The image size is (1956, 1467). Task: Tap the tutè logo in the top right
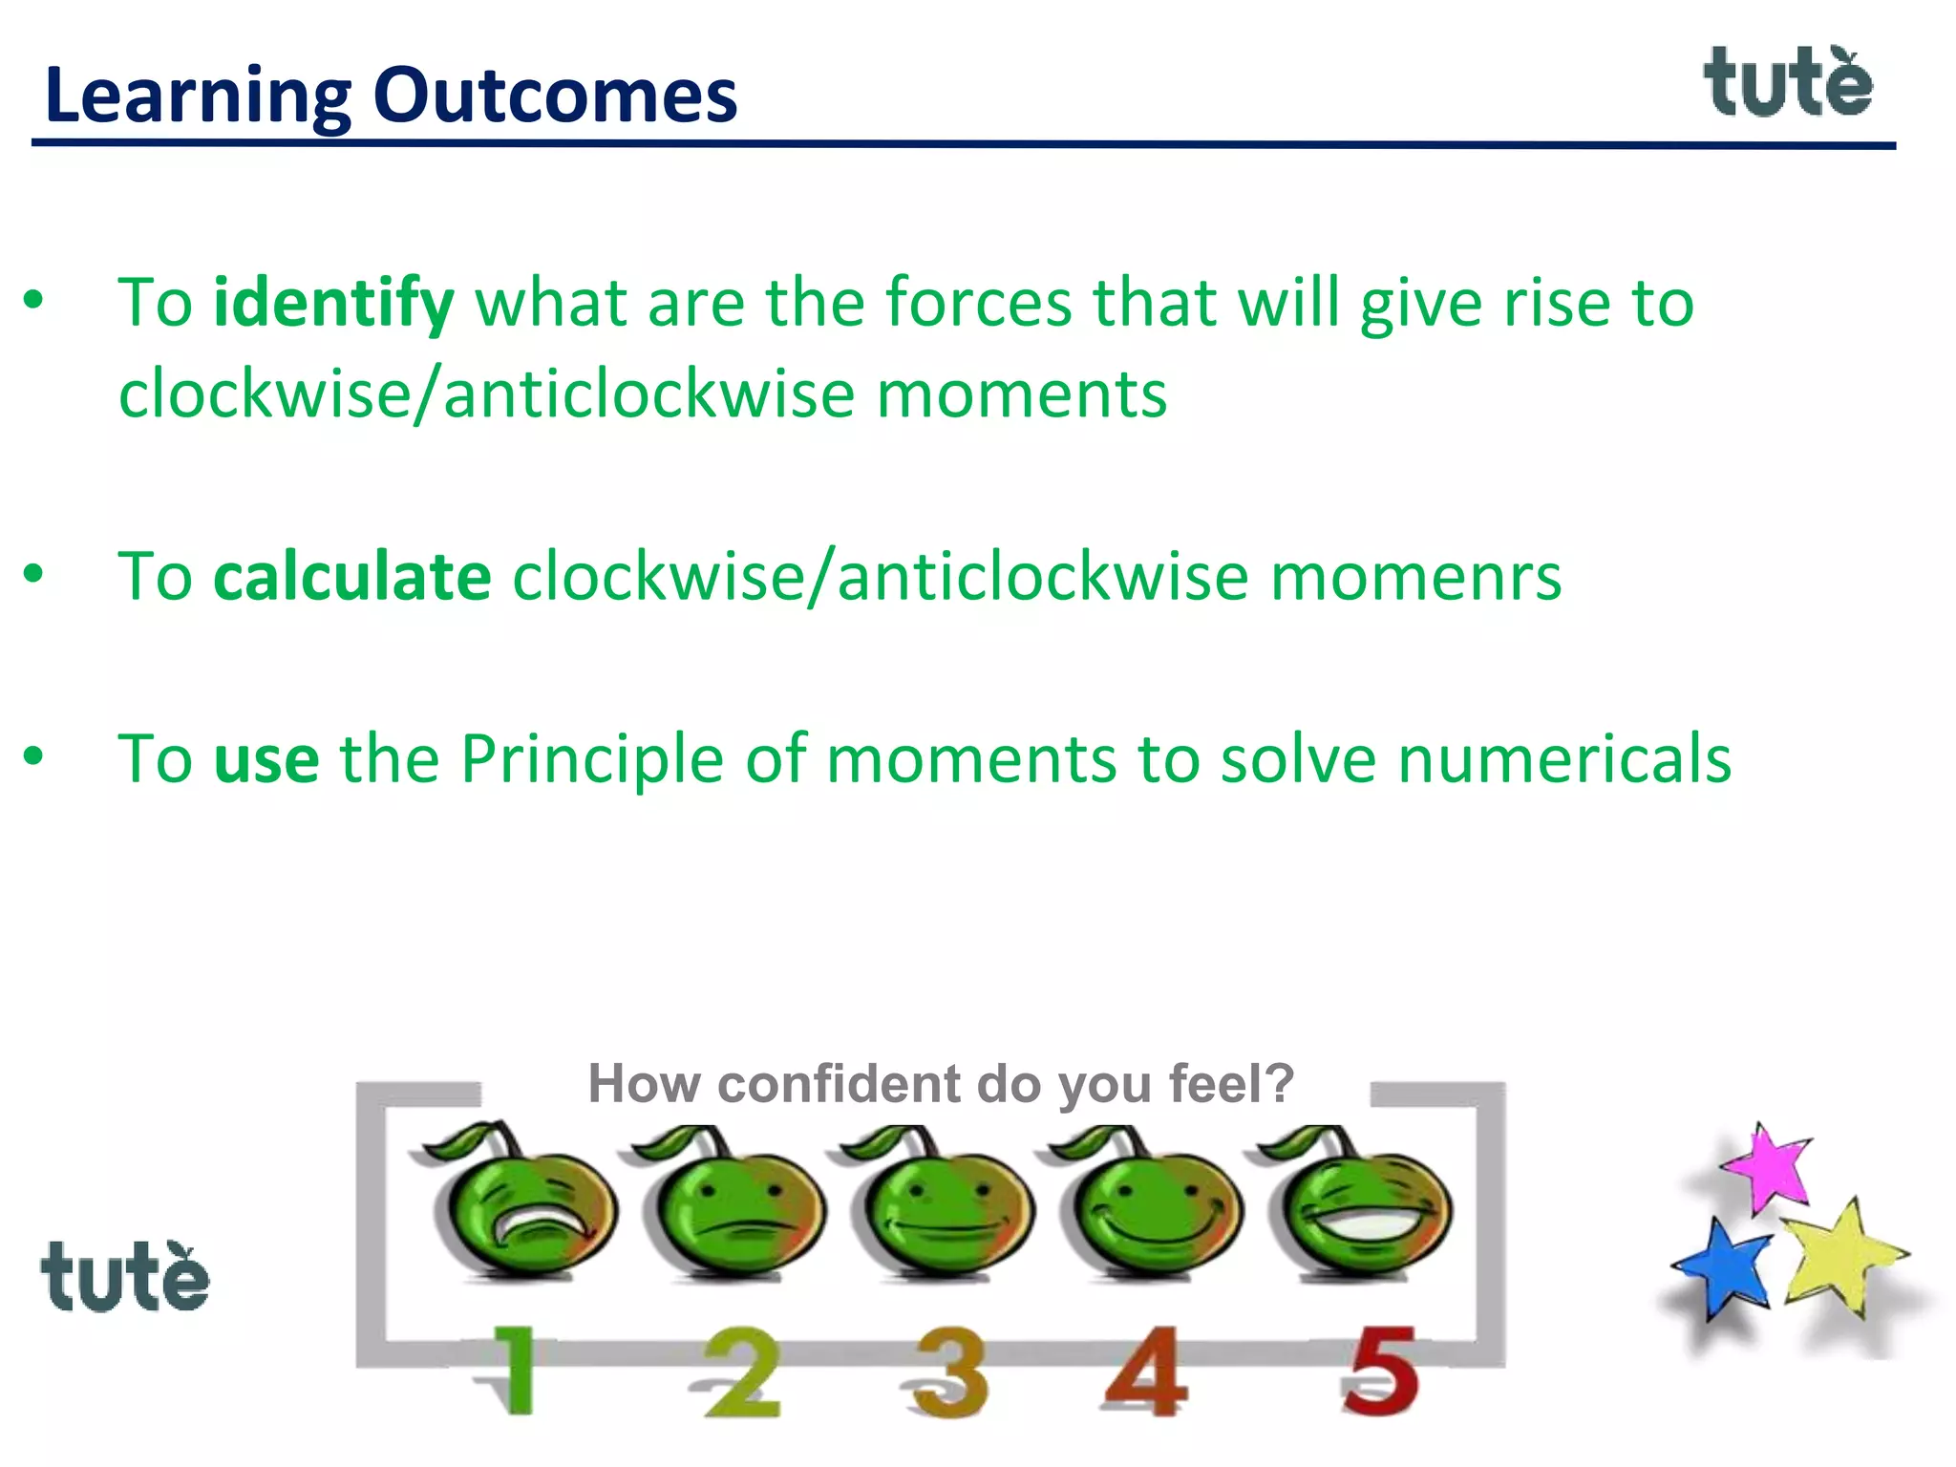(x=1788, y=83)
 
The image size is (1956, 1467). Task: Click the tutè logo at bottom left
(x=124, y=1277)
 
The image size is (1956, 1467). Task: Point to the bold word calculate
(x=352, y=578)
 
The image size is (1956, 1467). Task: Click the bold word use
(x=266, y=759)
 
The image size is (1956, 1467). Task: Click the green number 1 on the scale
(x=517, y=1370)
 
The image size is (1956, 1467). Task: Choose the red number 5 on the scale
(x=1381, y=1370)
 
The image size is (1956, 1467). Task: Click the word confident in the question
(x=840, y=1085)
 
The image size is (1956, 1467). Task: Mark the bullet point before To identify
(x=34, y=300)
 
